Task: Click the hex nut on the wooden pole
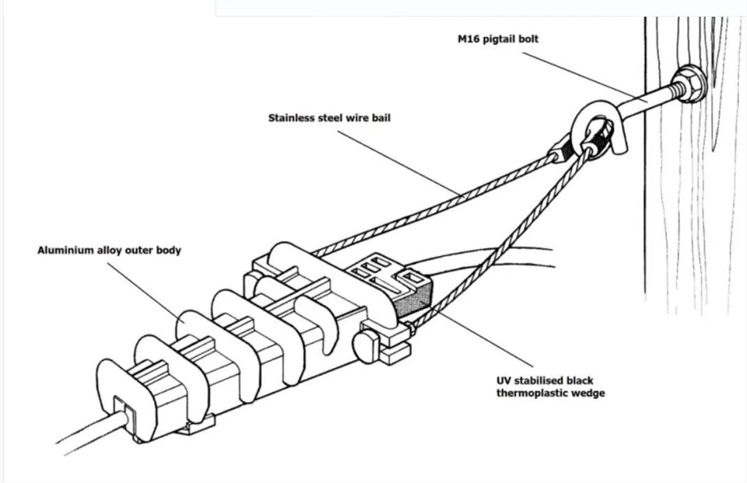[688, 83]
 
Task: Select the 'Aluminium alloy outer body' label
[109, 250]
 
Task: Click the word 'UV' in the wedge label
[504, 380]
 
